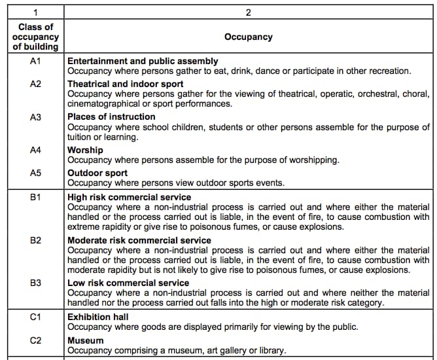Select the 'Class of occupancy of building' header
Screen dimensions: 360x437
click(35, 37)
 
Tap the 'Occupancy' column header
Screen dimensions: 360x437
click(249, 37)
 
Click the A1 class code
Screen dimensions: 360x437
click(35, 61)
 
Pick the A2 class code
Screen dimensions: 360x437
click(35, 84)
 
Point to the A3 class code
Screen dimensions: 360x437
click(35, 117)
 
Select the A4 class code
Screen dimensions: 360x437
click(35, 150)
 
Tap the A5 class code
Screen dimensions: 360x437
click(35, 173)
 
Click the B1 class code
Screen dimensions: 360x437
click(35, 197)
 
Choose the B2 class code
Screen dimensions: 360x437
click(35, 240)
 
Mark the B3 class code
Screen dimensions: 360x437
click(35, 283)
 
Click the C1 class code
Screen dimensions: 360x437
click(35, 317)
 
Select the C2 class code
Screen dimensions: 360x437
click(35, 340)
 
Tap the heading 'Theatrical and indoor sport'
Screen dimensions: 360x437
click(125, 84)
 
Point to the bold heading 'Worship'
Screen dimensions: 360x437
click(85, 150)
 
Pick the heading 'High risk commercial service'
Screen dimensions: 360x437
click(130, 197)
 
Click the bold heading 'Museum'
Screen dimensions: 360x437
click(86, 340)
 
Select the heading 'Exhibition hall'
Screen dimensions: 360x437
click(98, 317)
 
